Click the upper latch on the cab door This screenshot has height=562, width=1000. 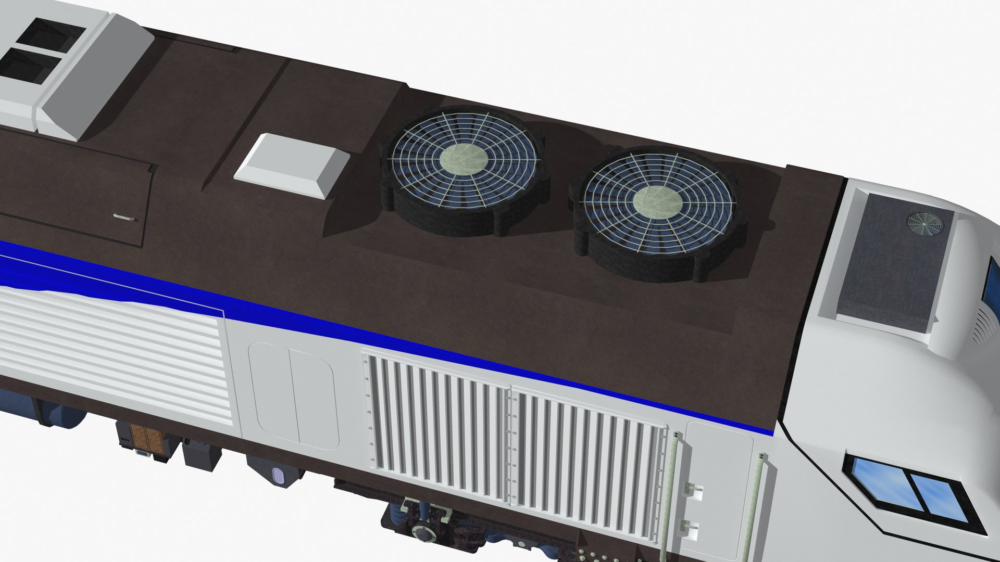pyautogui.click(x=694, y=489)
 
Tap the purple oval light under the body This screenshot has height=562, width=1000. pyautogui.click(x=277, y=476)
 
